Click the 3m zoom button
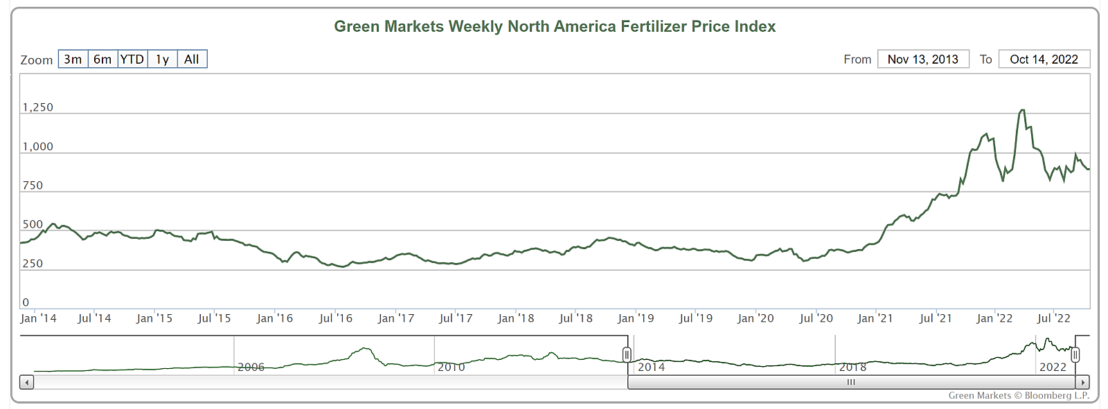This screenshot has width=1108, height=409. pyautogui.click(x=73, y=60)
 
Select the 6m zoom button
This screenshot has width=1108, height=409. pyautogui.click(x=102, y=60)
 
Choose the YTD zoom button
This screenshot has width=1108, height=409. pyautogui.click(x=132, y=60)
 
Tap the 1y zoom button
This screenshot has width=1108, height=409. pyautogui.click(x=162, y=60)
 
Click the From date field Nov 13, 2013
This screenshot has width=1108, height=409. pyautogui.click(x=922, y=60)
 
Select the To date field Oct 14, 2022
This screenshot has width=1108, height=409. pyautogui.click(x=1044, y=60)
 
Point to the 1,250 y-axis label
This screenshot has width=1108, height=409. pyautogui.click(x=37, y=107)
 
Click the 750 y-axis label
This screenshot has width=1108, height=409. pyautogui.click(x=33, y=185)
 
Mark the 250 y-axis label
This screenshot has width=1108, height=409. pyautogui.click(x=33, y=264)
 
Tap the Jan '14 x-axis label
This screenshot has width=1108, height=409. pyautogui.click(x=38, y=318)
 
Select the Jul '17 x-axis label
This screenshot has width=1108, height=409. pyautogui.click(x=456, y=318)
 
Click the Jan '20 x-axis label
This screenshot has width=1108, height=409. pyautogui.click(x=756, y=318)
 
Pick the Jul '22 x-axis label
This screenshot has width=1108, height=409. pyautogui.click(x=1053, y=318)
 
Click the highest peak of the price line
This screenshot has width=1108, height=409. pyautogui.click(x=1022, y=110)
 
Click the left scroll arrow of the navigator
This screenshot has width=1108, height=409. pyautogui.click(x=26, y=382)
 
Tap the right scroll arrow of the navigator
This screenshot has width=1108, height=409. pyautogui.click(x=1082, y=382)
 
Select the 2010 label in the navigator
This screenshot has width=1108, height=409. pyautogui.click(x=451, y=367)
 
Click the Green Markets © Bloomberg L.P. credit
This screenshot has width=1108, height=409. pyautogui.click(x=1018, y=396)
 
